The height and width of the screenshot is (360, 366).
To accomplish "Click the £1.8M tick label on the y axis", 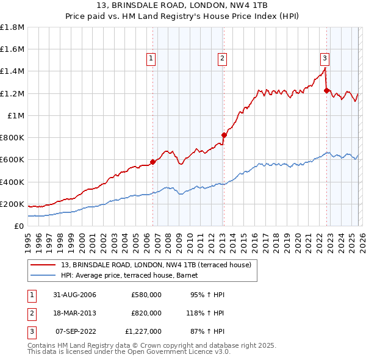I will (x=12, y=27).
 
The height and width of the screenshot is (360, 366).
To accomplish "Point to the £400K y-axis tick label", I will (x=12, y=182).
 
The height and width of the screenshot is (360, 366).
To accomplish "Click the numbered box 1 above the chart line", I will (x=151, y=59).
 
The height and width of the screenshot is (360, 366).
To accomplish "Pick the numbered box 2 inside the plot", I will (x=221, y=59).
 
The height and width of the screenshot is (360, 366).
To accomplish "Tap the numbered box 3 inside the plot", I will (x=325, y=59).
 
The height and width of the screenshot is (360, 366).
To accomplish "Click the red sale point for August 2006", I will (x=153, y=162).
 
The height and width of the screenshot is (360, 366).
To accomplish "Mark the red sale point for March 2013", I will (x=224, y=135).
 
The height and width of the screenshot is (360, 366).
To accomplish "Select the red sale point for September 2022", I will (x=326, y=90).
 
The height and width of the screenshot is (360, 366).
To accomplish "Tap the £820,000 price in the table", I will (x=146, y=313).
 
